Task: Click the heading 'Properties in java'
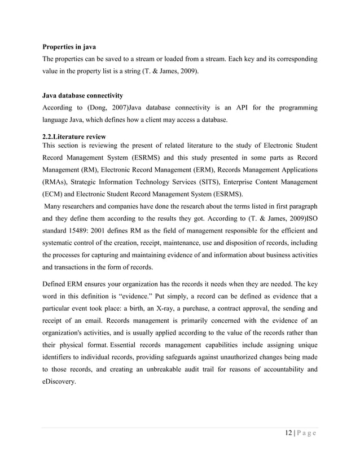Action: pyautogui.click(x=72, y=47)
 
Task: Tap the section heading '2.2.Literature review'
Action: pyautogui.click(x=74, y=137)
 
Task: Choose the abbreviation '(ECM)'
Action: pyautogui.click(x=54, y=194)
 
